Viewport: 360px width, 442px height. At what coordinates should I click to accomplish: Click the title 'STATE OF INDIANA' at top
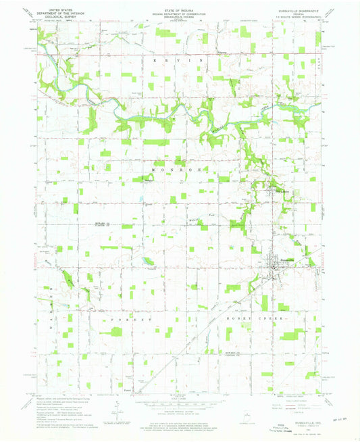tap(180, 8)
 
